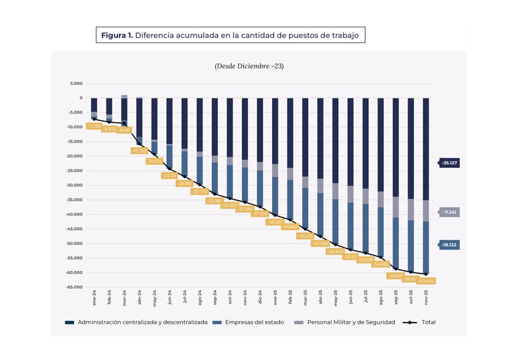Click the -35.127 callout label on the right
pos(449,163)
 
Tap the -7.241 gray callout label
pos(449,212)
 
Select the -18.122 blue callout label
pos(449,245)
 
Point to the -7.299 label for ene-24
pos(94,126)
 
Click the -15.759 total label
pos(139,151)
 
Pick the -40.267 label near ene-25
pos(275,222)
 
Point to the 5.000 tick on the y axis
pos(76,84)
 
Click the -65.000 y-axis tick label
pos(74,288)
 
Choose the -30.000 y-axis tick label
pos(74,185)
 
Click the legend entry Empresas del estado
pos(250,322)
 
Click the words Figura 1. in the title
pos(117,35)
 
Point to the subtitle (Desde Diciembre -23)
pos(249,66)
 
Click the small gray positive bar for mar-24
pos(124,96)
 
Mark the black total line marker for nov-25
pos(425,274)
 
